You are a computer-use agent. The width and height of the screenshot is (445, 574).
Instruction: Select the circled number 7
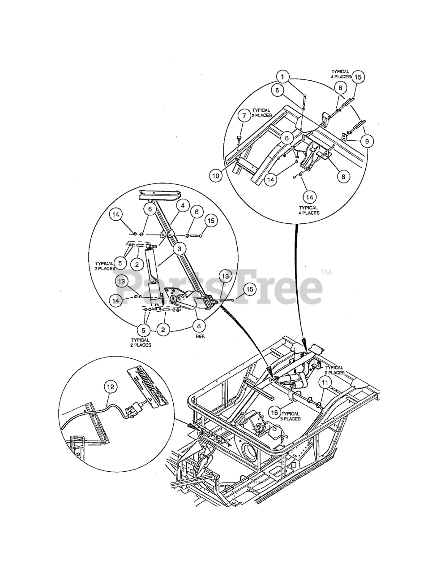click(244, 116)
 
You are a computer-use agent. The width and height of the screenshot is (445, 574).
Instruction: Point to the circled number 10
click(216, 176)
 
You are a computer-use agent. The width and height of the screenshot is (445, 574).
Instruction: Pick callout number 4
click(183, 206)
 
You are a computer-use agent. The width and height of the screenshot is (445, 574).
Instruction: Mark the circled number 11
click(324, 383)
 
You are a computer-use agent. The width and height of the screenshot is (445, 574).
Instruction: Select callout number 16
click(274, 411)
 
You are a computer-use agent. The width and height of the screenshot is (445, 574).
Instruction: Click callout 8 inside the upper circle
click(343, 177)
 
